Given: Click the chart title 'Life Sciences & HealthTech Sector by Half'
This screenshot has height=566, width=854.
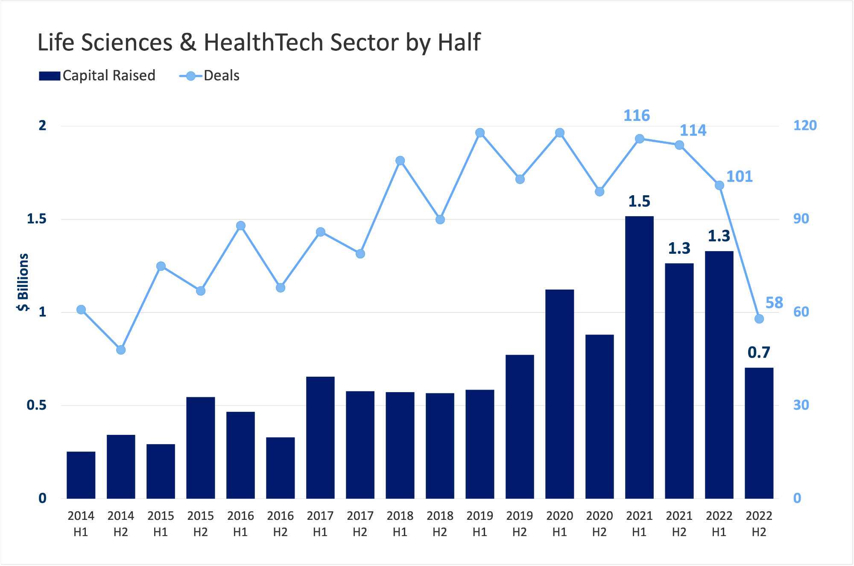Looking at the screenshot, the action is coord(259,42).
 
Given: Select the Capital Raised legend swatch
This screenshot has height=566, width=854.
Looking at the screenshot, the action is coord(50,76).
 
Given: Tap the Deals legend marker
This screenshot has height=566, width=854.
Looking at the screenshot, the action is coord(191,76).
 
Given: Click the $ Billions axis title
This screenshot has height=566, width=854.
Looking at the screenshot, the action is coord(23,282).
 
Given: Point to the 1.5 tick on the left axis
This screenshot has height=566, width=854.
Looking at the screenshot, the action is coord(37,219).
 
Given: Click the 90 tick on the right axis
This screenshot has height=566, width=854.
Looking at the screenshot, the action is coord(801,219).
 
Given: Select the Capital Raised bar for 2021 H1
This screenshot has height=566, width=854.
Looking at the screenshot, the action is coord(639,357).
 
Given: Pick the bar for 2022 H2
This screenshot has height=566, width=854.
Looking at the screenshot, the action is coord(759,433).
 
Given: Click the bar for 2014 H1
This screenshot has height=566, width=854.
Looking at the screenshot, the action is coord(81,475).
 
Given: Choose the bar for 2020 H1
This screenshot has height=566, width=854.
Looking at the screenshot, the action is coord(559,394).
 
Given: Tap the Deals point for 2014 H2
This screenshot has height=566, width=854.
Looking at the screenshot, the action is coord(121,350).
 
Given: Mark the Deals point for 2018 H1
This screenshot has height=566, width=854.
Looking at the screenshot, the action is coord(400,161).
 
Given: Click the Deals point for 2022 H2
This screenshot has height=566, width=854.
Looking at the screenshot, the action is coord(759,319).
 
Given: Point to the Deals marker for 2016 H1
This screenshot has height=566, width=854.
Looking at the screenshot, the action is coord(240,226).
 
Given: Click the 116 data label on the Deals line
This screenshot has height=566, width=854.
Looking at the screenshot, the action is coord(637,116).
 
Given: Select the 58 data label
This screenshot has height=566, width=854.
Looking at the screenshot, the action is coord(774,303).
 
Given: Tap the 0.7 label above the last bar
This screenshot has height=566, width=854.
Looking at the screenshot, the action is coord(759,352).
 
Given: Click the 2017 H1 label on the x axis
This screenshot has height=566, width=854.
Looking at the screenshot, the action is coord(320,524).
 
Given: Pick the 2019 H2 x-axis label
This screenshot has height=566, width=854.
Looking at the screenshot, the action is coord(520,524).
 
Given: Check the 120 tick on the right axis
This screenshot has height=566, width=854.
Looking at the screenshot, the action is coord(805,126).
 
